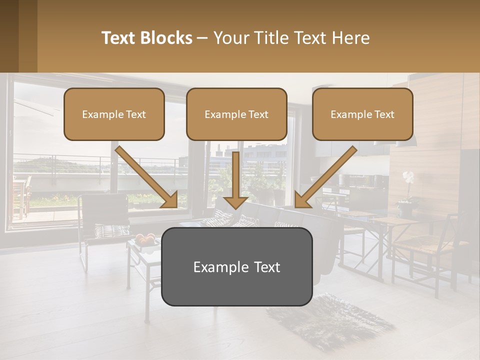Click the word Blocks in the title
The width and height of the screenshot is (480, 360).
coord(168,38)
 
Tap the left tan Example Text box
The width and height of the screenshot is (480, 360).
coord(114,114)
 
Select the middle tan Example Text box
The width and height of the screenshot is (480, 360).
coord(236,114)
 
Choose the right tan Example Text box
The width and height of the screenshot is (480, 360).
coord(362,114)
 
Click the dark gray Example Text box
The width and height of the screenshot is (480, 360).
coord(236,266)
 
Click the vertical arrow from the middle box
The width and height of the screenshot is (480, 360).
coord(236,180)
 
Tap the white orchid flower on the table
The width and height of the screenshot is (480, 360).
coord(408,177)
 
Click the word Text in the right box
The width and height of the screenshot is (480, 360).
coord(384,114)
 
